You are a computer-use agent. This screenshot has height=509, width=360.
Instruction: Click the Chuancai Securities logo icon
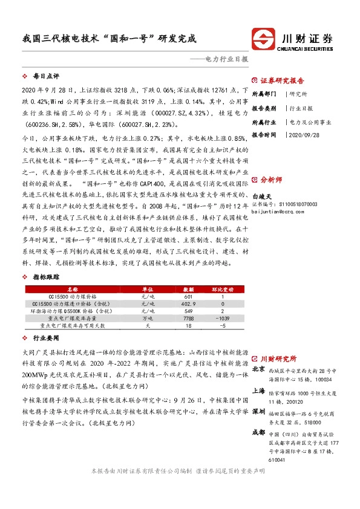tap(265, 39)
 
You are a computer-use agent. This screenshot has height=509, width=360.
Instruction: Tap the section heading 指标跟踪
tap(46, 276)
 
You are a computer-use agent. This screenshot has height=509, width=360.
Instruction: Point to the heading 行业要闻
tap(46, 339)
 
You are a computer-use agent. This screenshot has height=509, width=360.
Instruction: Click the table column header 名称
tap(73, 289)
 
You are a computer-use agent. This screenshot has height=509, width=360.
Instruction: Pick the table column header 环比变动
tap(222, 289)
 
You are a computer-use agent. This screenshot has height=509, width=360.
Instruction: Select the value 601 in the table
tap(188, 297)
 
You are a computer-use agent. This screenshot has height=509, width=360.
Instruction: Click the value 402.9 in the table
tap(188, 303)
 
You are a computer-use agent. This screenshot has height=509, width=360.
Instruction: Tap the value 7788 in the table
tap(188, 318)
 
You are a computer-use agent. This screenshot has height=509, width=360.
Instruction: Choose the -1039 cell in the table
tap(222, 318)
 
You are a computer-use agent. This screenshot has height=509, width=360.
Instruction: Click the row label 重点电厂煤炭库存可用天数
tap(73, 325)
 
